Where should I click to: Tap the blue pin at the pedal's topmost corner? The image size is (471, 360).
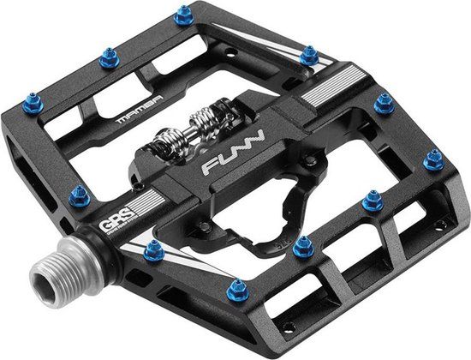[x=182, y=15]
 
